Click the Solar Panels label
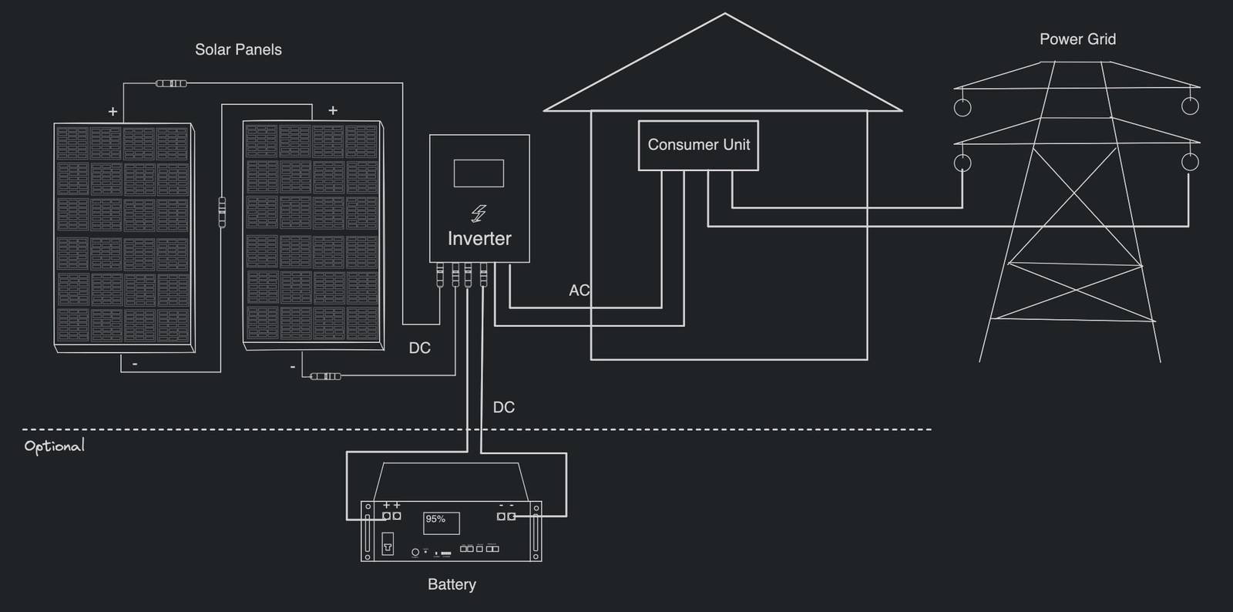(x=238, y=49)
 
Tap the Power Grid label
(x=1077, y=39)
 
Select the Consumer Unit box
(x=698, y=145)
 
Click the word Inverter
(x=479, y=239)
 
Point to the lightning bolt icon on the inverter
(x=479, y=213)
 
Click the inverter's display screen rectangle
(x=479, y=173)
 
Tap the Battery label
(x=452, y=584)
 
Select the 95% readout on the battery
(x=435, y=520)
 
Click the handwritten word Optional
(x=54, y=446)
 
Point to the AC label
(x=579, y=291)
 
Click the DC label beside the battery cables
(x=503, y=407)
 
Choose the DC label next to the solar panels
(x=419, y=348)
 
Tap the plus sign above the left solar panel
(x=113, y=112)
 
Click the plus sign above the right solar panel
(x=333, y=110)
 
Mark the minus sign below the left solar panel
(x=135, y=363)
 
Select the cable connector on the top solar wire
(x=171, y=83)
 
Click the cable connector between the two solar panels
(x=222, y=211)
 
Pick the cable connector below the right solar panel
(x=325, y=376)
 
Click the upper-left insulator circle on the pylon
(x=963, y=107)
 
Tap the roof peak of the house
(x=724, y=14)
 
